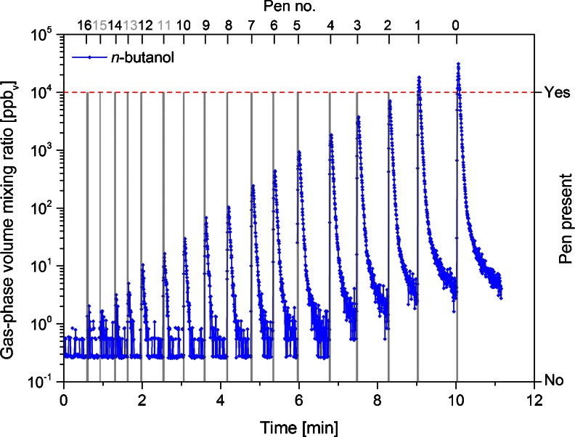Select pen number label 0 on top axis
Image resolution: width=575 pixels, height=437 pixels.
click(456, 25)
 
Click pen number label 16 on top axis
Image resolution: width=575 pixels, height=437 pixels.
click(85, 25)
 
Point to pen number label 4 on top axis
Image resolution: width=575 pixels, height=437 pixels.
click(330, 25)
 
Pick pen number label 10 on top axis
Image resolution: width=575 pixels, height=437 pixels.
click(183, 25)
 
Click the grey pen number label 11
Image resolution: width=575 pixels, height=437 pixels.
click(163, 25)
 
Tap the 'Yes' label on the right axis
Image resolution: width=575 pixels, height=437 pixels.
click(552, 92)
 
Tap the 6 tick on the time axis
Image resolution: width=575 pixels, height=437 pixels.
click(299, 399)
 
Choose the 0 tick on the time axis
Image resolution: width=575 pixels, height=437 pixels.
click(64, 399)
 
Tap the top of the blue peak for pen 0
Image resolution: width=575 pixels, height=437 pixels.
click(458, 63)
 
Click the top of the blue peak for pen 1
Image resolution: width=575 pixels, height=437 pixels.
click(419, 77)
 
